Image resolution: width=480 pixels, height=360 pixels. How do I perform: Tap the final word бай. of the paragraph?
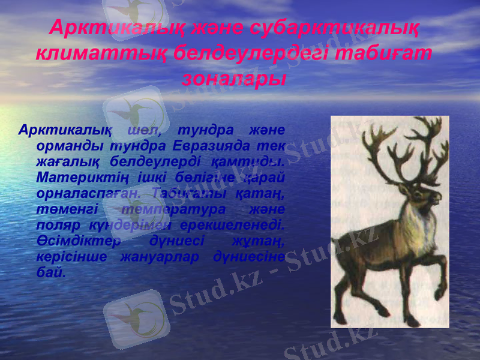click(50, 272)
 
